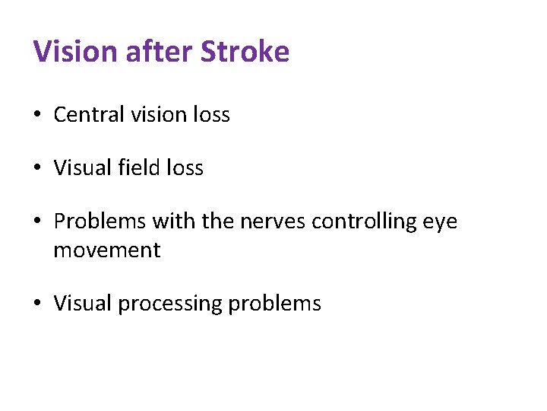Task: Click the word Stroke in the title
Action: [x=245, y=53]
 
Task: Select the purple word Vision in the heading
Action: [x=71, y=53]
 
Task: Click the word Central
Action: [x=88, y=115]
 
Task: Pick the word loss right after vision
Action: [x=211, y=115]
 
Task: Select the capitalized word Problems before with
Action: [x=100, y=221]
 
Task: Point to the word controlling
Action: [x=365, y=221]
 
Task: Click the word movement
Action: [x=107, y=250]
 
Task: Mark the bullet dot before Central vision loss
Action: [x=37, y=116]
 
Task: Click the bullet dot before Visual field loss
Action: [x=37, y=168]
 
